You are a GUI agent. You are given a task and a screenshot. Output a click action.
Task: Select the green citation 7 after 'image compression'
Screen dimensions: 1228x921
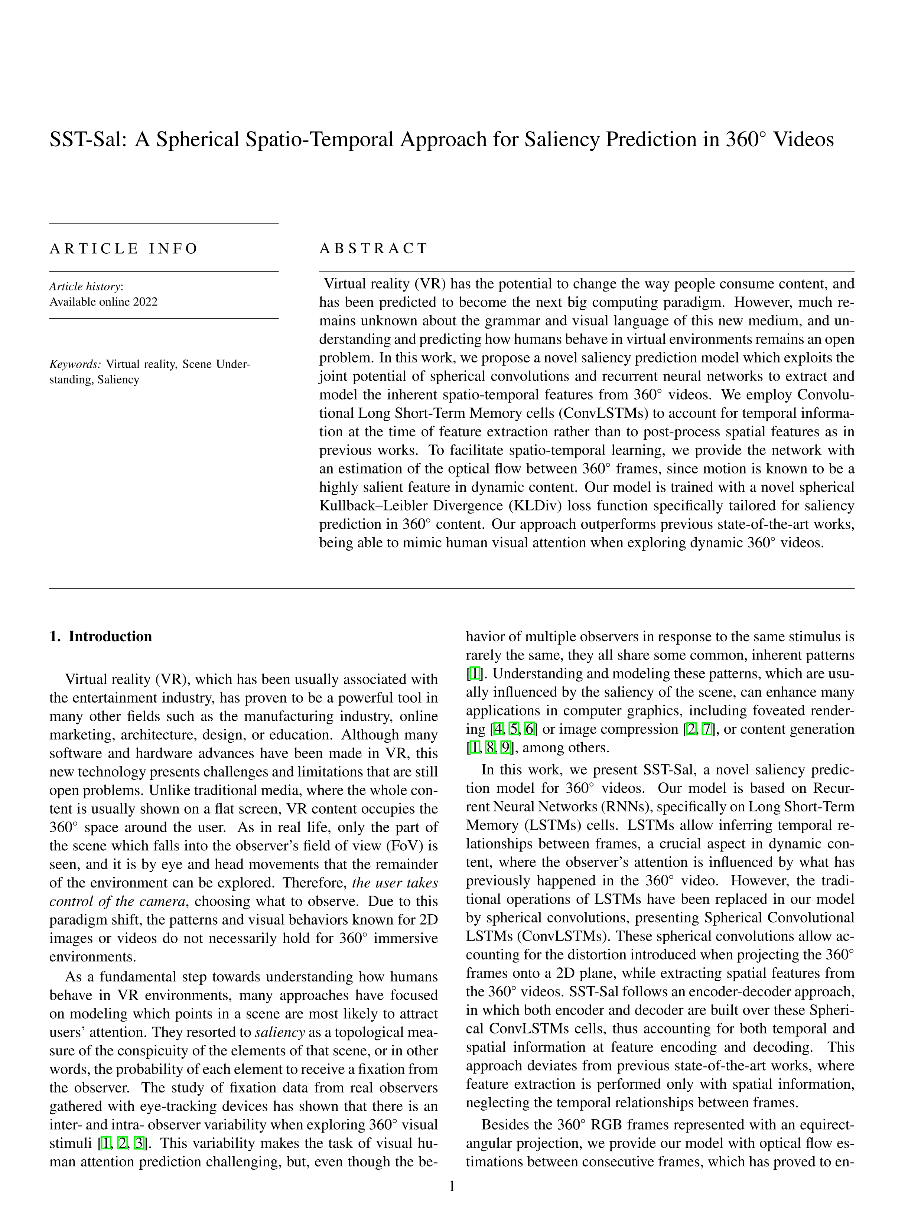[707, 729]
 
